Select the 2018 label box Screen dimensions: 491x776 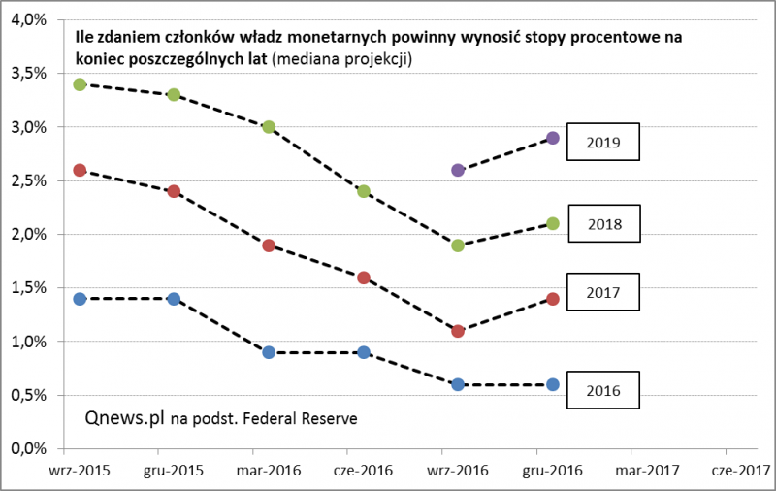[604, 225]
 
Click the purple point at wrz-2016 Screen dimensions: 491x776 [458, 170]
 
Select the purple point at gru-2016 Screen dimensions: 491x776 [553, 138]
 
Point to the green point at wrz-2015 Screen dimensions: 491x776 [80, 84]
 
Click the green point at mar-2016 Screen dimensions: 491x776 [269, 127]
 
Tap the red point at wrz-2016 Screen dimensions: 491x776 [458, 331]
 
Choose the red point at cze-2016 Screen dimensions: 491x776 [364, 278]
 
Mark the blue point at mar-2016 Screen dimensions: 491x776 [269, 352]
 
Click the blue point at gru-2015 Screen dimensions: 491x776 [174, 299]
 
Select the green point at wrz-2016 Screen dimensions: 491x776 [458, 245]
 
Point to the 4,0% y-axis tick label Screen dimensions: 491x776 [30, 19]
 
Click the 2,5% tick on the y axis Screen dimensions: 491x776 [30, 180]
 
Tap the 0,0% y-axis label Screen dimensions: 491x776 [30, 449]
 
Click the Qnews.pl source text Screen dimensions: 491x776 [124, 419]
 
